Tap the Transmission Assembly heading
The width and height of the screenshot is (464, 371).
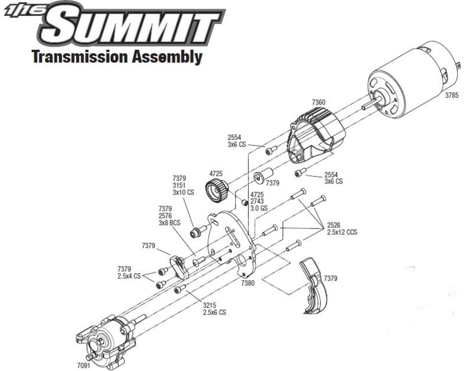[x=117, y=57]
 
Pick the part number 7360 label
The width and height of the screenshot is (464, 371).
[x=318, y=102]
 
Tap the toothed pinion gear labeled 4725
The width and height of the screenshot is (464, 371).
[x=216, y=188]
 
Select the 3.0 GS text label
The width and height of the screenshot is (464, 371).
[x=258, y=208]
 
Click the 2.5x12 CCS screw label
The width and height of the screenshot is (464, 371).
[x=342, y=232]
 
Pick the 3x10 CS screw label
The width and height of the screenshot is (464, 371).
[x=184, y=192]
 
